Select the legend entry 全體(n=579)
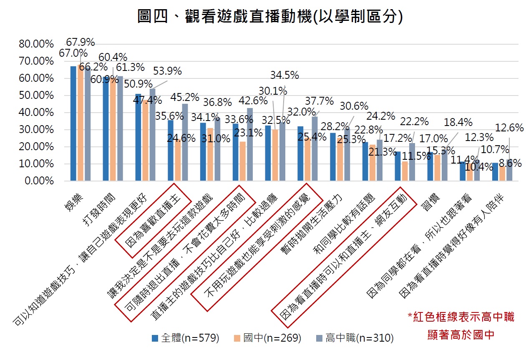[185, 338]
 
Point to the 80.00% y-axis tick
[37, 44]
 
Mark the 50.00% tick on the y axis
[37, 96]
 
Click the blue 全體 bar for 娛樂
[73, 123]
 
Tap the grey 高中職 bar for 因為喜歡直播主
[185, 142]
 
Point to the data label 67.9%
[81, 42]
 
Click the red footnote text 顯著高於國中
[461, 335]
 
